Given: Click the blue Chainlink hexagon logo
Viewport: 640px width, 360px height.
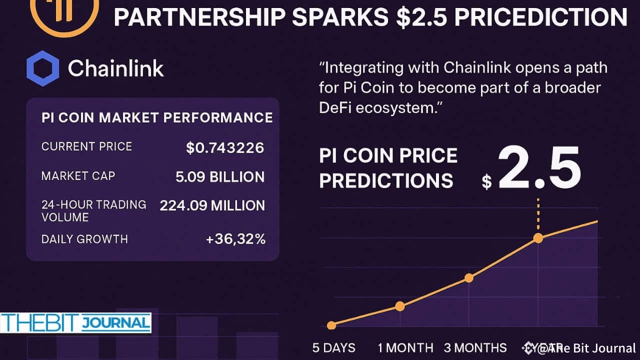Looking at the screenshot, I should [x=42, y=68].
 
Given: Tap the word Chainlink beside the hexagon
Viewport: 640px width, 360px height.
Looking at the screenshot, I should [x=115, y=68].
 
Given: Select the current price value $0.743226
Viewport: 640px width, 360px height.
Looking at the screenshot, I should [x=225, y=147].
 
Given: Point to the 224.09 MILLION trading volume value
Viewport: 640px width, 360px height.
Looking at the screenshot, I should [x=212, y=205].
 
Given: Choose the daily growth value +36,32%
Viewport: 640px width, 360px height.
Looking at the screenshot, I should [x=235, y=239].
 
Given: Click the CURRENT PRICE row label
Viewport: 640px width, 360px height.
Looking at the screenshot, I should [x=86, y=146].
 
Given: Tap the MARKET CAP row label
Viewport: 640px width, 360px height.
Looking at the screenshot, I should [x=78, y=176].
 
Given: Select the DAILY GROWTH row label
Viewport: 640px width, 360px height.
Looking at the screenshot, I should [x=84, y=239].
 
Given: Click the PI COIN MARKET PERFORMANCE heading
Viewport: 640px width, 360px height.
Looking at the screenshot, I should [x=157, y=117].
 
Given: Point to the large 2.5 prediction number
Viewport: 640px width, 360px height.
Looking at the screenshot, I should [x=539, y=168].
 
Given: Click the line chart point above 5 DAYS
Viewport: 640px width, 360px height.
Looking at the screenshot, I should [x=331, y=325].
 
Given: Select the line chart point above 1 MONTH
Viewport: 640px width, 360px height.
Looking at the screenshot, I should [x=400, y=306].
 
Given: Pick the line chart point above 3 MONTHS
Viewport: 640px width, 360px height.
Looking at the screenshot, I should [x=469, y=278].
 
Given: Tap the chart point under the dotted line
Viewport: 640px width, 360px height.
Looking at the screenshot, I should [x=538, y=238].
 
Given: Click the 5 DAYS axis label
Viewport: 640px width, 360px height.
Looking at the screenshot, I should [x=334, y=348].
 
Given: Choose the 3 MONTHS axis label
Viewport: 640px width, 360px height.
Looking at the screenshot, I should [x=475, y=348].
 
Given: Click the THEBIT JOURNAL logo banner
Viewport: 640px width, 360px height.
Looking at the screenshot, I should [x=75, y=323].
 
